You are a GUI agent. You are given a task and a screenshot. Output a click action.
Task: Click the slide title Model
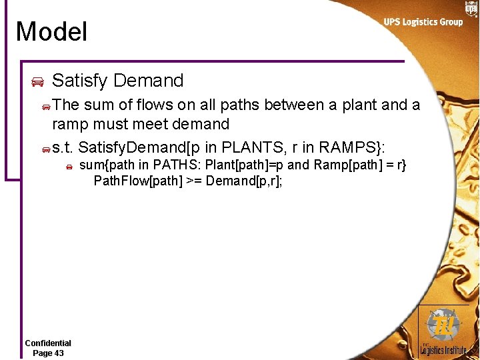click(51, 31)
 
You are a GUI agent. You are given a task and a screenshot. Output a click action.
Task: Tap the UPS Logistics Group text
click(423, 22)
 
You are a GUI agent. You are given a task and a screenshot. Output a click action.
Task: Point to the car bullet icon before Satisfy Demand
click(37, 82)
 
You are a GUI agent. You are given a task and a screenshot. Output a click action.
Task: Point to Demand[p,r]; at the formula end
click(244, 181)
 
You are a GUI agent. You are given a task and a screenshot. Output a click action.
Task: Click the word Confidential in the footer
click(48, 343)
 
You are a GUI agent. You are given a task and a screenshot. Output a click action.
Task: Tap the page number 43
click(57, 353)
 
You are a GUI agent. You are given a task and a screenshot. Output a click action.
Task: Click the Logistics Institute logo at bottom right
click(443, 331)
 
